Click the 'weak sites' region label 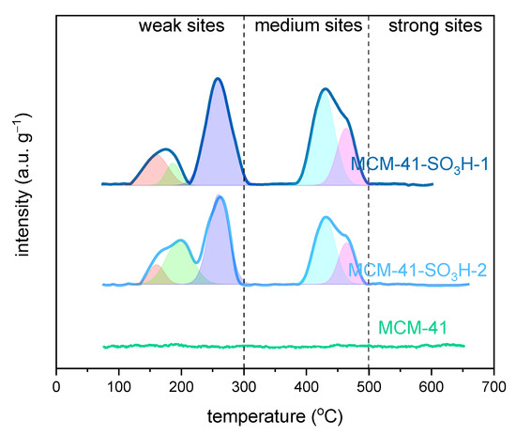click(182, 25)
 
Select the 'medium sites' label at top click(307, 25)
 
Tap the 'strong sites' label click(430, 25)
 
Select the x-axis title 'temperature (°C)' click(275, 413)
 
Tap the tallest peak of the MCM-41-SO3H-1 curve click(218, 79)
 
